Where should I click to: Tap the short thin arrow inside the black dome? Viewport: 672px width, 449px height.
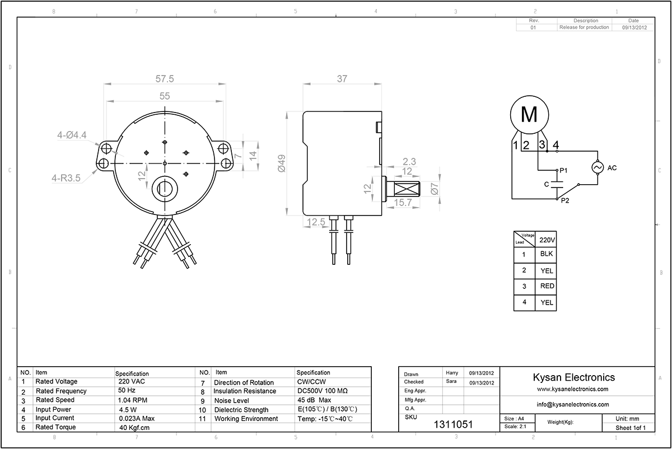click(157, 163)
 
